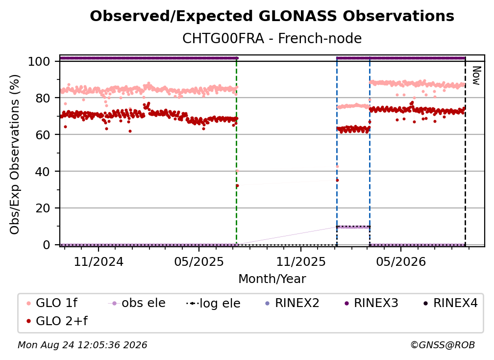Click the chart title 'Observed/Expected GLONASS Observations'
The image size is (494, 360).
point(272,16)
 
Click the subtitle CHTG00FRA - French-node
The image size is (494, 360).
point(272,38)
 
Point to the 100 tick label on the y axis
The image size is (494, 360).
point(39,61)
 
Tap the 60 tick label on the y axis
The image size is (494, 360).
point(43,135)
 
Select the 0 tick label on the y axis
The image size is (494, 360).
point(47,245)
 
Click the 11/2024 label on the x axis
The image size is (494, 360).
point(99,262)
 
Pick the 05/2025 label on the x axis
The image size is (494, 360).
point(199,262)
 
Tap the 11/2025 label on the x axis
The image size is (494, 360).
point(301,262)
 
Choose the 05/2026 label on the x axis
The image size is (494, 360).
point(401,262)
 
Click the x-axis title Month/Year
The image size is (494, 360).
point(272,279)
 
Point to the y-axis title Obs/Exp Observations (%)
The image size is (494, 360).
point(15,154)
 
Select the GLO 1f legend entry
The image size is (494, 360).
point(52,303)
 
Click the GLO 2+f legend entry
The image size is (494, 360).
point(57,321)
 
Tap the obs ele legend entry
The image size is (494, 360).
point(137,303)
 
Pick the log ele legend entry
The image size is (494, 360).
point(213,304)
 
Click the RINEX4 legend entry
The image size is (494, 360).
point(450,303)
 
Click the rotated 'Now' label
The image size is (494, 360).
point(476,76)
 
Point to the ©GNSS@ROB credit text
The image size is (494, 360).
point(443,345)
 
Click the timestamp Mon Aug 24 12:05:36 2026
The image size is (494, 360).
point(82,345)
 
